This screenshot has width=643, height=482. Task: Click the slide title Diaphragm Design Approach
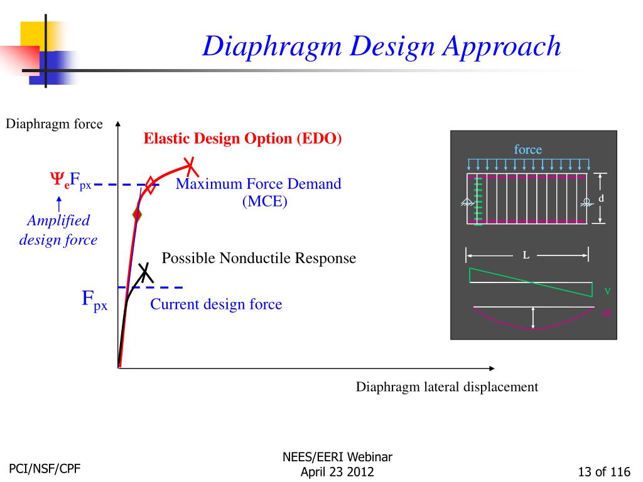coord(381,46)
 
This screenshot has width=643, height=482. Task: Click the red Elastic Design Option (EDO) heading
coord(242,139)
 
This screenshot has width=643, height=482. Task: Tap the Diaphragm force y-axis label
coord(54,124)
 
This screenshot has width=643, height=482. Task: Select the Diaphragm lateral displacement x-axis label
coord(446,387)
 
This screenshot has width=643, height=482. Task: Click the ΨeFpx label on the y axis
coord(70,181)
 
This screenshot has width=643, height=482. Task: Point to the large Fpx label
coord(95,299)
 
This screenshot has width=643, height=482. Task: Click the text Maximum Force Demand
coord(258,184)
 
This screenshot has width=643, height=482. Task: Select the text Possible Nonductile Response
coord(259,258)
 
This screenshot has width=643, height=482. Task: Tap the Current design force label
coord(216,304)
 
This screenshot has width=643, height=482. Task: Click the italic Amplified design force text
coord(58,230)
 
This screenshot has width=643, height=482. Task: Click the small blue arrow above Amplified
coord(58,203)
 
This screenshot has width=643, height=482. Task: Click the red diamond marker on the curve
coord(138,215)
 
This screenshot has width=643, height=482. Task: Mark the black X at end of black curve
coord(146,272)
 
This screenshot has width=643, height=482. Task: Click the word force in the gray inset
coord(527,149)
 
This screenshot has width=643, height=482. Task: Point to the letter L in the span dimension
coord(526,255)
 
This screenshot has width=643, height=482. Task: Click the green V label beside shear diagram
coord(607,291)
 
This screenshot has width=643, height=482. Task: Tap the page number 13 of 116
coord(604,472)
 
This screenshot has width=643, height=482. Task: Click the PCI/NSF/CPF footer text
coord(45,468)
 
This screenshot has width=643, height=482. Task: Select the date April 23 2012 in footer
coord(337,472)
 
